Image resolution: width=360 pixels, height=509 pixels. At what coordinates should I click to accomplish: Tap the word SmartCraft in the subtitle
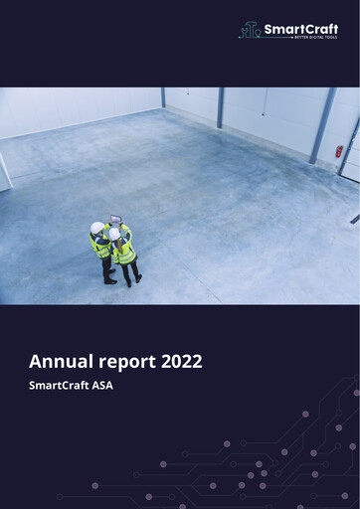63,385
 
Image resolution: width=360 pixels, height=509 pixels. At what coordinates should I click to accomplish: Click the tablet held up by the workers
116,218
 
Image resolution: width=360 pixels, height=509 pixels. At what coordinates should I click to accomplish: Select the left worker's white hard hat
96,228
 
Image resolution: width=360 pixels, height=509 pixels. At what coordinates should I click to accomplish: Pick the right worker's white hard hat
114,235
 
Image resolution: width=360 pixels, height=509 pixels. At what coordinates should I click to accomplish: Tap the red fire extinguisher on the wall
339,151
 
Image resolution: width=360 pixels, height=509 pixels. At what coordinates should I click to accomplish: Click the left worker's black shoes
109,281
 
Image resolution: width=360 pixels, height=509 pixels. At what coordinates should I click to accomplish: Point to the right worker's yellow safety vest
125,253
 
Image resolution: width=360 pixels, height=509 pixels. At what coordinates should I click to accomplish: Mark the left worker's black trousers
105,267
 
